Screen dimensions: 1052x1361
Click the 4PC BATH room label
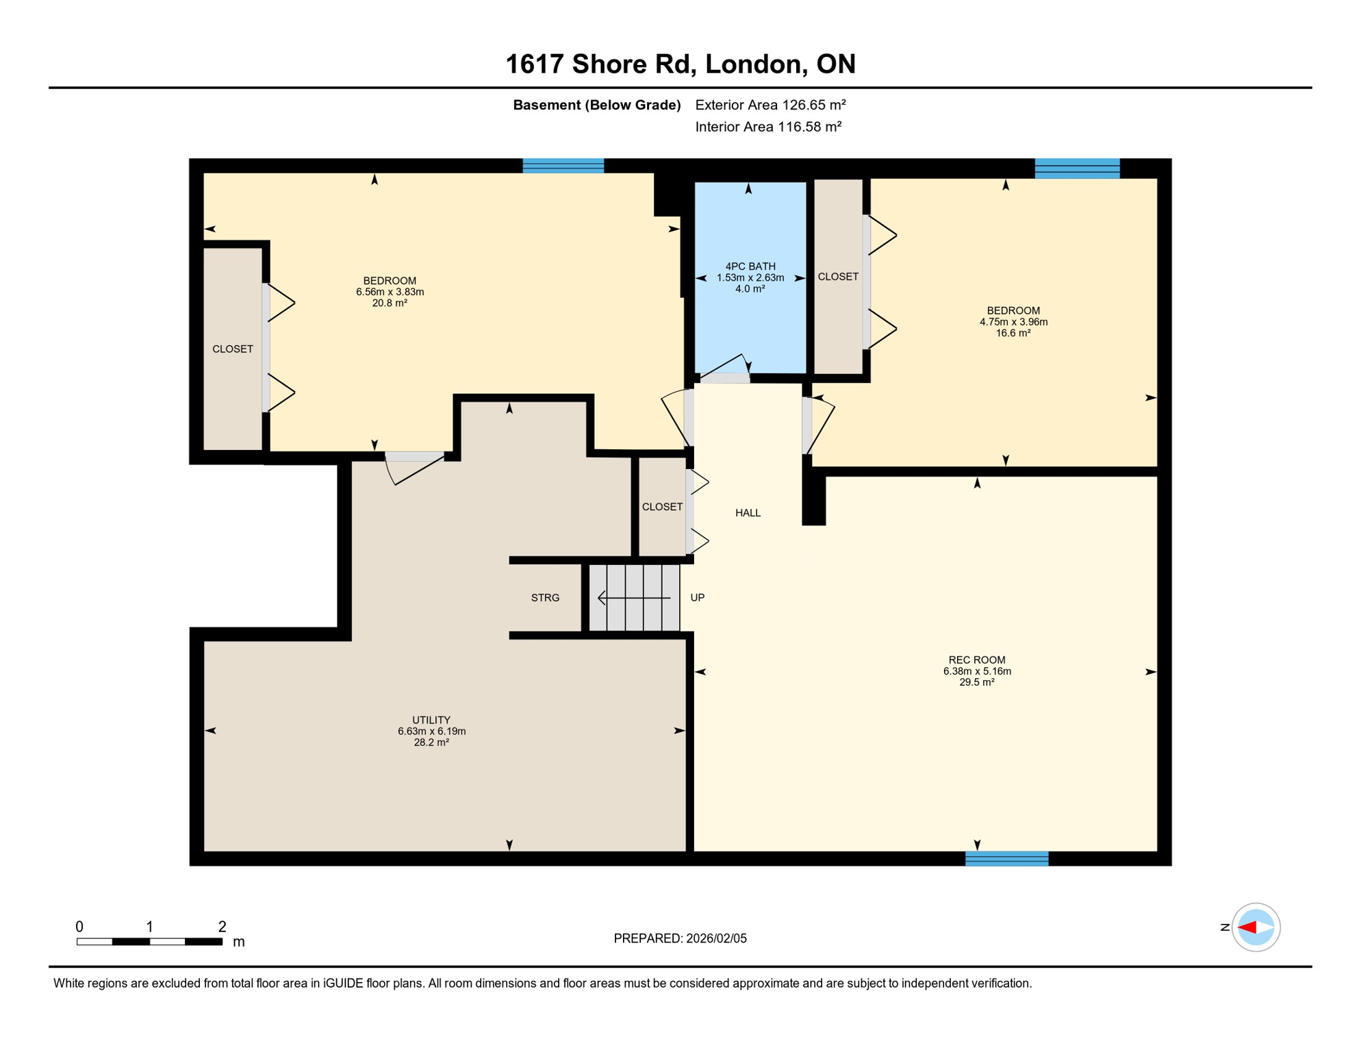click(x=750, y=266)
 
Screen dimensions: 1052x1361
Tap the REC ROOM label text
click(x=977, y=660)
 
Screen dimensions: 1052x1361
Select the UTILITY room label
click(x=431, y=720)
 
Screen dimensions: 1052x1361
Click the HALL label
click(x=748, y=513)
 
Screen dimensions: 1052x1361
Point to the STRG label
click(x=545, y=598)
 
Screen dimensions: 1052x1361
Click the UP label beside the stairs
click(x=697, y=598)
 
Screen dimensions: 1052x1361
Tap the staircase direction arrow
click(x=634, y=598)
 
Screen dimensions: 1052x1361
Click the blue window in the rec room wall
click(x=1006, y=859)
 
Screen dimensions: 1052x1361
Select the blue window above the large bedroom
click(x=563, y=166)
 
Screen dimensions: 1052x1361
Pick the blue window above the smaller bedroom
click(x=1077, y=168)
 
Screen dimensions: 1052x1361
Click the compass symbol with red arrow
click(x=1256, y=927)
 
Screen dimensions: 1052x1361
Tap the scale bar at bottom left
click(x=149, y=942)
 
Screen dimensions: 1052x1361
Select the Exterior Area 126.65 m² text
click(x=770, y=105)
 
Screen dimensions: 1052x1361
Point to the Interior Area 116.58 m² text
click(x=768, y=127)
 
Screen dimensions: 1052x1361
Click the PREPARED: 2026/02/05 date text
click(x=680, y=938)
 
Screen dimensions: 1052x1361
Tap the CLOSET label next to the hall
click(x=662, y=507)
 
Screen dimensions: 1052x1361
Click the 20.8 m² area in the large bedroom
click(x=390, y=303)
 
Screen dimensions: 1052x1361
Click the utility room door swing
click(x=415, y=468)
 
